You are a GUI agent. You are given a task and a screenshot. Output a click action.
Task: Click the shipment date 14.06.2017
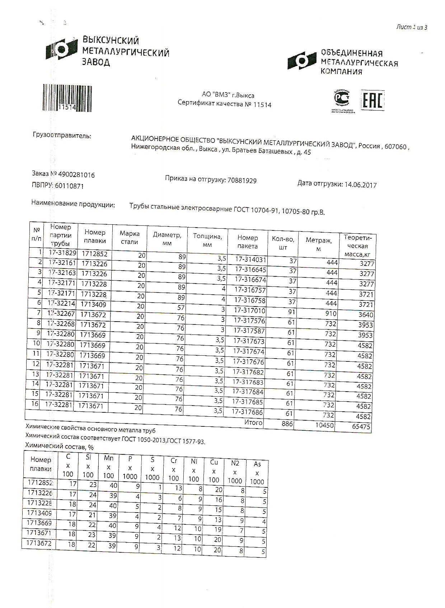click(360, 185)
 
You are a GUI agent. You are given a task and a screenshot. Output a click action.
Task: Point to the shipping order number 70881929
click(242, 181)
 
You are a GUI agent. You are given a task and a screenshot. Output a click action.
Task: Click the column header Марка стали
click(130, 238)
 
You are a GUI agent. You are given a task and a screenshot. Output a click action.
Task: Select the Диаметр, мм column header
click(167, 239)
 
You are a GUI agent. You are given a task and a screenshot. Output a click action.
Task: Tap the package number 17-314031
click(250, 259)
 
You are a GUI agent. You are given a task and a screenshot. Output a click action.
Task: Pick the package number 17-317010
click(249, 310)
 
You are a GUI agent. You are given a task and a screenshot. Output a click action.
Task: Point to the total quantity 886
click(287, 424)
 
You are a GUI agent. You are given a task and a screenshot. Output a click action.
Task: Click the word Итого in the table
click(253, 422)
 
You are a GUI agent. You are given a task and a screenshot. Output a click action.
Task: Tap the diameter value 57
click(181, 308)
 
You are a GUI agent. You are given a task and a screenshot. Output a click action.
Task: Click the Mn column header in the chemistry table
click(108, 467)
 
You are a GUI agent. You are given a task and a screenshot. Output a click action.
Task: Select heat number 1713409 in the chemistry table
click(39, 513)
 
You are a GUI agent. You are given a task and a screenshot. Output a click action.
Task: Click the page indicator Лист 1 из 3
click(412, 27)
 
